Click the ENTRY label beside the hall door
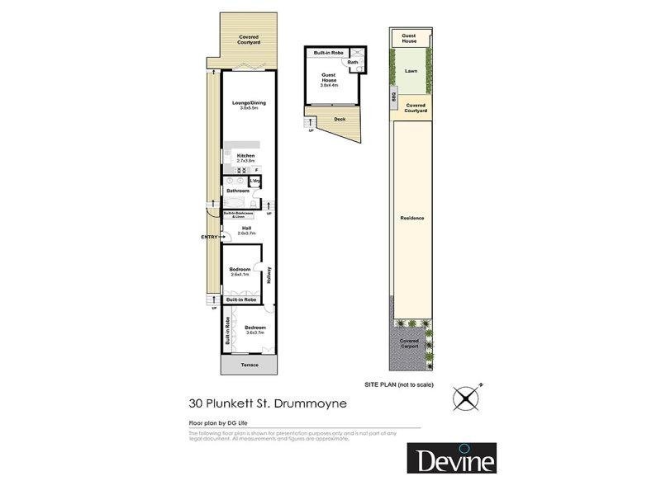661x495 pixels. (x=209, y=238)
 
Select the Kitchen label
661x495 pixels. (x=246, y=155)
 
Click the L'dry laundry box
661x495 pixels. (x=255, y=181)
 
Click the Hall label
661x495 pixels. (x=246, y=229)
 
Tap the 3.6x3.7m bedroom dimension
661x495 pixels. (x=254, y=332)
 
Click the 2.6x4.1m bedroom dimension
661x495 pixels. (x=240, y=275)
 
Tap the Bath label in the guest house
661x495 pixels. (x=353, y=62)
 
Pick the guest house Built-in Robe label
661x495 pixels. (x=328, y=53)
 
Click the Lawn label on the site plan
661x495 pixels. (x=411, y=71)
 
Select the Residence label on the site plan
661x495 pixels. (x=411, y=218)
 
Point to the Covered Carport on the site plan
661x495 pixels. (x=410, y=343)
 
